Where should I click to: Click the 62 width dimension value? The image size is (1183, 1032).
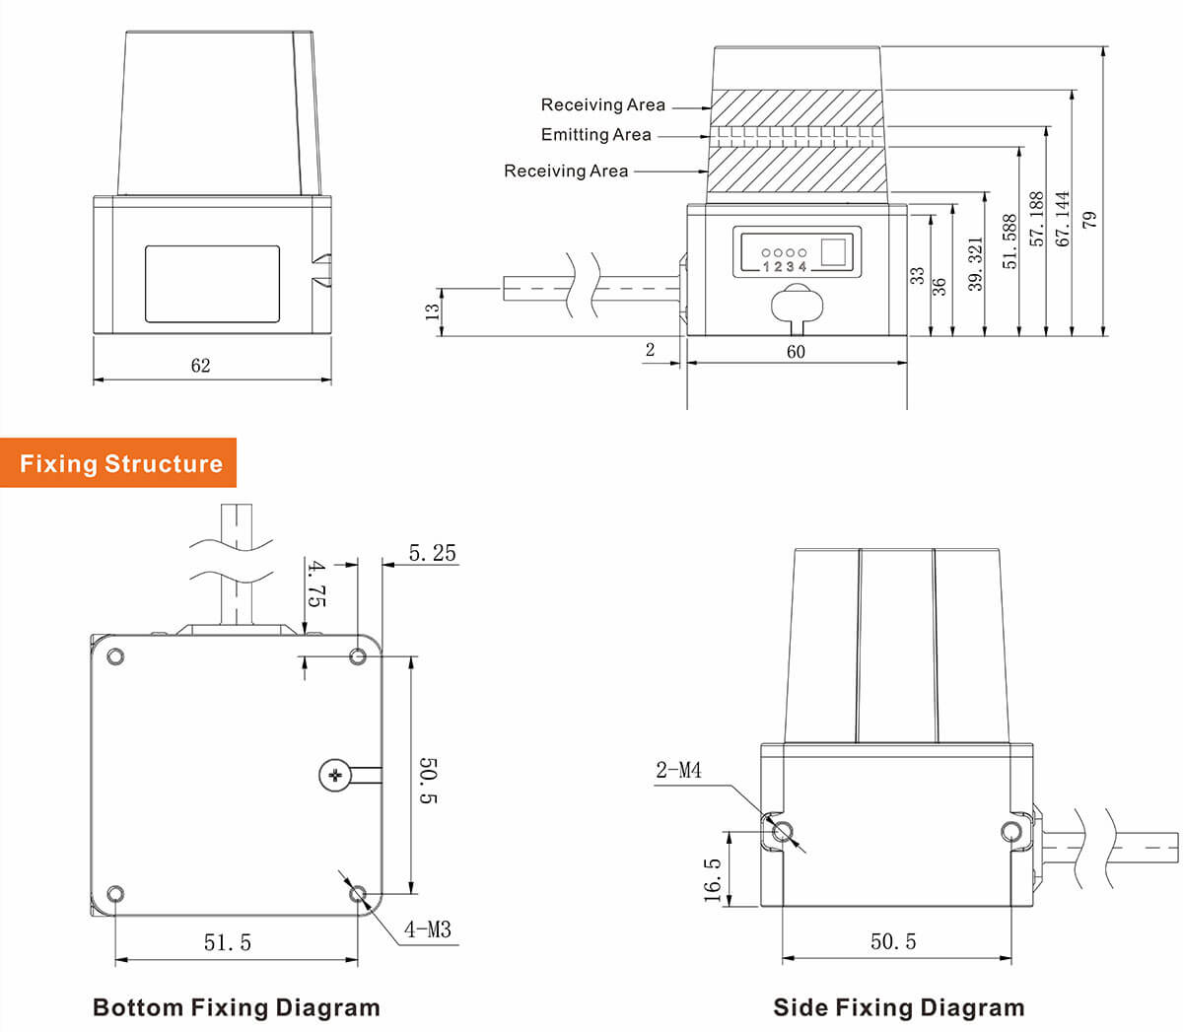coord(200,366)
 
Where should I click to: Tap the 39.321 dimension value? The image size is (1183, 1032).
coord(976,263)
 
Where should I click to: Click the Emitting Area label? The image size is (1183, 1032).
coord(595,135)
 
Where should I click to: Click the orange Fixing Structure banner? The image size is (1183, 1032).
coord(119,463)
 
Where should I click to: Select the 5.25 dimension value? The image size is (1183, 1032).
coord(432,553)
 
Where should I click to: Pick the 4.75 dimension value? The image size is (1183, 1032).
coord(316,583)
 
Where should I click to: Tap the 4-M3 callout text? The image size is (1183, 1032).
coord(427,929)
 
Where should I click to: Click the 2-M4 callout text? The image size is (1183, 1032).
coord(678,770)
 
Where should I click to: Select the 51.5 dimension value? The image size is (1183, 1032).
coord(228,943)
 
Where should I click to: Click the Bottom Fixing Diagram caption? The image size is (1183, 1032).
coord(236,1007)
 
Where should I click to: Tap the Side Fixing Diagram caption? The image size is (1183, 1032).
coord(898,1007)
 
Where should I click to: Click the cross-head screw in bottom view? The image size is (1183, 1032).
coord(335,776)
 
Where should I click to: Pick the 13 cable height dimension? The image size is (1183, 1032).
coord(432,311)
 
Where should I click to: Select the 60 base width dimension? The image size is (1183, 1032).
coord(796,352)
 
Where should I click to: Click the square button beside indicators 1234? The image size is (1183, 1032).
coord(834,252)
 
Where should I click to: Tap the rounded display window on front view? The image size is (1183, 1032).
coord(212,284)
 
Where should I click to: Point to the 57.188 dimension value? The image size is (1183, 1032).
coord(1036,219)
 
